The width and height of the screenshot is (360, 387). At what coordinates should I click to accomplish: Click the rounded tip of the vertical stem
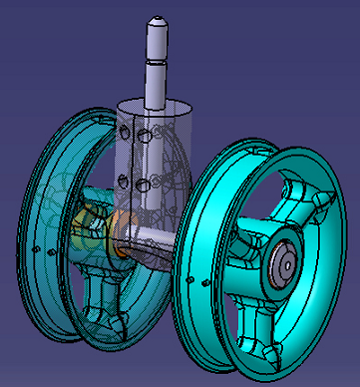point(157,19)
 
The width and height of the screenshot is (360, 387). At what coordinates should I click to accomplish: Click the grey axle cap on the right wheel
point(282,262)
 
